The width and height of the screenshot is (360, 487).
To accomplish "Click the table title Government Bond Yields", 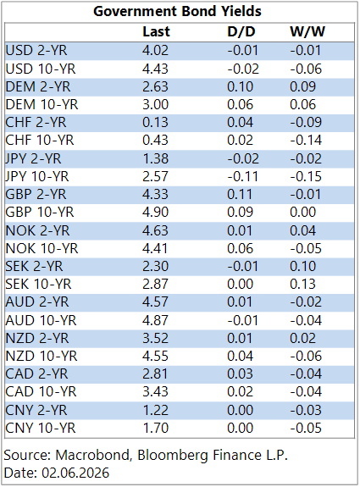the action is coord(177,11).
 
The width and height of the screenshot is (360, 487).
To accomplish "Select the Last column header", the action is coord(156,31).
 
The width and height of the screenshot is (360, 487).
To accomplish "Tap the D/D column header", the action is coord(241,31).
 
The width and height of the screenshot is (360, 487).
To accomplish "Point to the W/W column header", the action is coord(307,31).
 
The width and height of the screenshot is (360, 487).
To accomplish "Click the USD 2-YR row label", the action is coord(36,51).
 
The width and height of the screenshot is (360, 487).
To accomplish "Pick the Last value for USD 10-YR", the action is coord(155,69).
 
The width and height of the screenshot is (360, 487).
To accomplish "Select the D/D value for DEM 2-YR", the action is coord(240,87).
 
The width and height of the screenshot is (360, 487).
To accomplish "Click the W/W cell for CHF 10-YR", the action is coord(306,141).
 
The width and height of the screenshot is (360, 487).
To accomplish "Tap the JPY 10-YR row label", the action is coord(37,177).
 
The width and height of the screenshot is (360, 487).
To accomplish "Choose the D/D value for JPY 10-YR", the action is coord(242,177).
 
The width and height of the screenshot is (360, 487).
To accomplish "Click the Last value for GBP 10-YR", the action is coord(155,213).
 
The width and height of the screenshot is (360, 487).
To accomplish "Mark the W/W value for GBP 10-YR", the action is coord(303,213).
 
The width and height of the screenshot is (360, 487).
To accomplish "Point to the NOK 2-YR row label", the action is coord(37,230).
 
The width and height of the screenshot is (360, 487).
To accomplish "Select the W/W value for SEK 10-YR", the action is coord(303,285).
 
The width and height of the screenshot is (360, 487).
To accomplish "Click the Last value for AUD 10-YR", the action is coord(155,320).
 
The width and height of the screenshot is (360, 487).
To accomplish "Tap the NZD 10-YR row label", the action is coord(42,357).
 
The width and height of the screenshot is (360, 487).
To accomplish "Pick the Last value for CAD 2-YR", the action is coord(155,374).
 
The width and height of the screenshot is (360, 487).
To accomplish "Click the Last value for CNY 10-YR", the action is coord(155,429).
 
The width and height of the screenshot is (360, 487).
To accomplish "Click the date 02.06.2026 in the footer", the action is coord(75,473).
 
